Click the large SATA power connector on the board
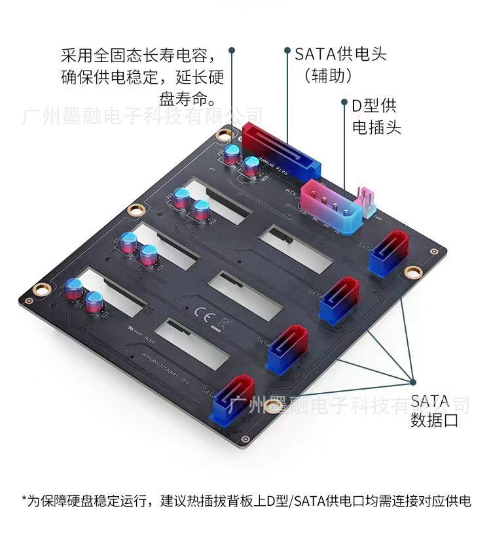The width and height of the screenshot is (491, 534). tap(282, 150)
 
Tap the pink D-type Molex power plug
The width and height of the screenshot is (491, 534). tap(331, 203)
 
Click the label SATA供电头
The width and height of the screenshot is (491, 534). tap(340, 53)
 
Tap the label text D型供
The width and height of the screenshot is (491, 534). tap(374, 106)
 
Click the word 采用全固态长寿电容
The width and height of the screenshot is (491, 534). tap(142, 54)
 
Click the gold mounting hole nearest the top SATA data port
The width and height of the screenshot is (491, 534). tap(412, 271)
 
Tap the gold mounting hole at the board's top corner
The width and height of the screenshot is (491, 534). tap(225, 134)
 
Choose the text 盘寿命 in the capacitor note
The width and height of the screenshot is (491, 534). tap(181, 100)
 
